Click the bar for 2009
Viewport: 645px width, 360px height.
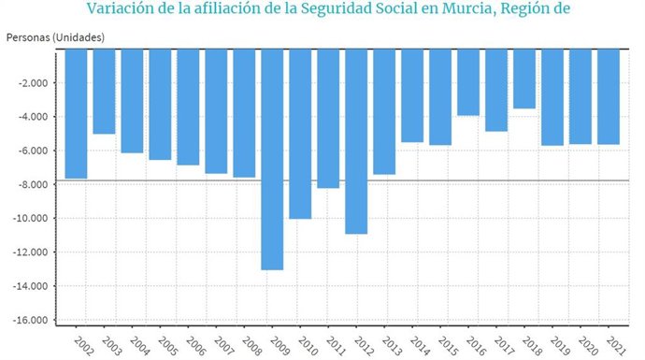[272, 159]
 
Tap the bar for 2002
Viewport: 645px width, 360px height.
[76, 113]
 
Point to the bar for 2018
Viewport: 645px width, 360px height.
[524, 79]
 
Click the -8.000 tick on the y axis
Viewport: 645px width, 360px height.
[34, 184]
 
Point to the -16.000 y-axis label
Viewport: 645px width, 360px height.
[32, 320]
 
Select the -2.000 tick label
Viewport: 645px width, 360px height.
[34, 82]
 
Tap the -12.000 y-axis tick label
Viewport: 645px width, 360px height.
[32, 252]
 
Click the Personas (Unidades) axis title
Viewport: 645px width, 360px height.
[54, 36]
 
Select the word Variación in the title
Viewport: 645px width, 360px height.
[122, 10]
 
